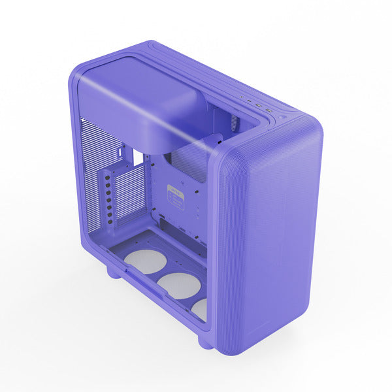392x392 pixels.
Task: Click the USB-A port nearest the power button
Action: pyautogui.click(x=269, y=110)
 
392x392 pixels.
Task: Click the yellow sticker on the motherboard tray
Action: pyautogui.click(x=175, y=195)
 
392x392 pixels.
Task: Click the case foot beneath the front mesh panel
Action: pyautogui.click(x=205, y=341)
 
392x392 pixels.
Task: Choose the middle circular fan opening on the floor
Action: pyautogui.click(x=178, y=286)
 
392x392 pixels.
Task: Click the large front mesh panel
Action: pyautogui.click(x=271, y=235)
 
